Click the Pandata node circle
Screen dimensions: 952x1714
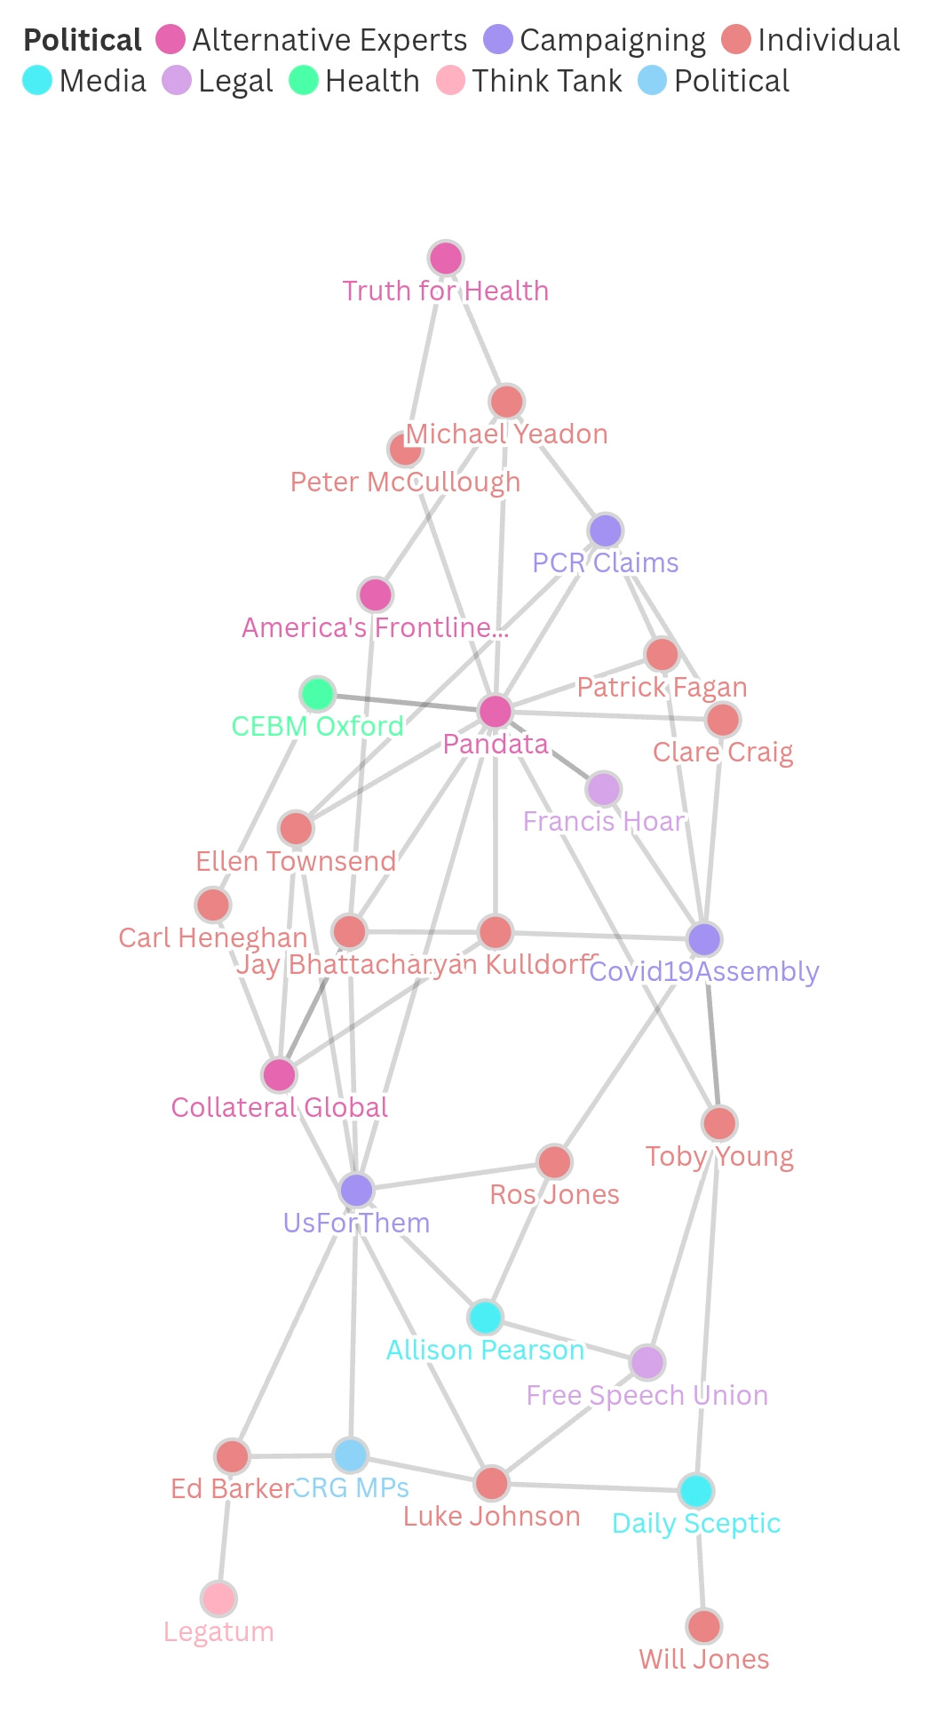tap(496, 711)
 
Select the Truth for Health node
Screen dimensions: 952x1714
tap(445, 259)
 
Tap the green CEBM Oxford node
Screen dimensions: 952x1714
tap(317, 694)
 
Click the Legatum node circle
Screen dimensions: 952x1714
tap(218, 1598)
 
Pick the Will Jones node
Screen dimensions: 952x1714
tap(704, 1626)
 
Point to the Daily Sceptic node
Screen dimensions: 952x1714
tap(696, 1490)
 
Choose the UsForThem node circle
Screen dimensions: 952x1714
tap(356, 1190)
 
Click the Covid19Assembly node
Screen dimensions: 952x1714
tap(704, 938)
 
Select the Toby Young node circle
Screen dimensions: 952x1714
tap(719, 1123)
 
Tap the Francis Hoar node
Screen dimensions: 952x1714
tap(604, 789)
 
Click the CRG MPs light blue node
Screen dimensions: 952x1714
tap(351, 1455)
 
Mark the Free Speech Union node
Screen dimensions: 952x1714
tap(647, 1362)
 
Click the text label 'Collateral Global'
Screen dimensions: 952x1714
tap(280, 1107)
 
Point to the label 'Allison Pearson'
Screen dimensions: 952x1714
tap(485, 1350)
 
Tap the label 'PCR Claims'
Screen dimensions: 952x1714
tap(605, 562)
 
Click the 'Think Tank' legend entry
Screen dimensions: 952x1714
tap(530, 81)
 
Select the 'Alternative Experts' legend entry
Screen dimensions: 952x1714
tap(312, 40)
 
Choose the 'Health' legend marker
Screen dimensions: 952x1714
tap(304, 80)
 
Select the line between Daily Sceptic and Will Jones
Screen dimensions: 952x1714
tap(701, 1559)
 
